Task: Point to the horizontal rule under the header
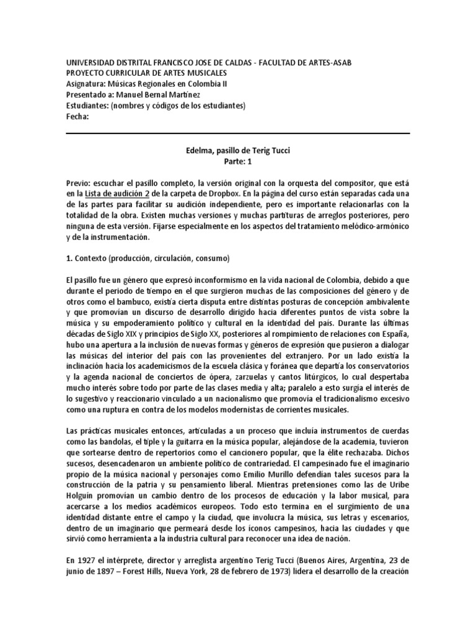pos(237,133)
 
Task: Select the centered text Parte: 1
pos(237,160)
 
